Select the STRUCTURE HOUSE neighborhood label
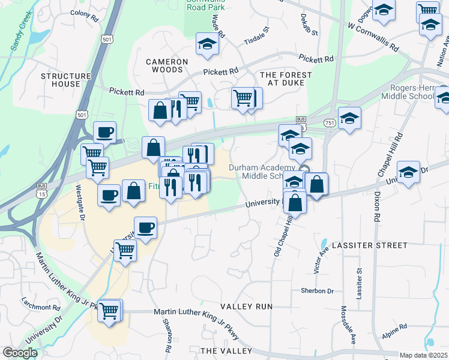point(66,80)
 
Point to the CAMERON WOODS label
point(167,65)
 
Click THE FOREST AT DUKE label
point(286,79)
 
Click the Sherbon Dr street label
point(318,291)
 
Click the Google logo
point(20,353)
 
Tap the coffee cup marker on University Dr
point(145,227)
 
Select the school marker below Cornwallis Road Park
point(207,44)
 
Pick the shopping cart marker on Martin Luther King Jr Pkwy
point(109,311)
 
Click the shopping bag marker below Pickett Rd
point(160,110)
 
